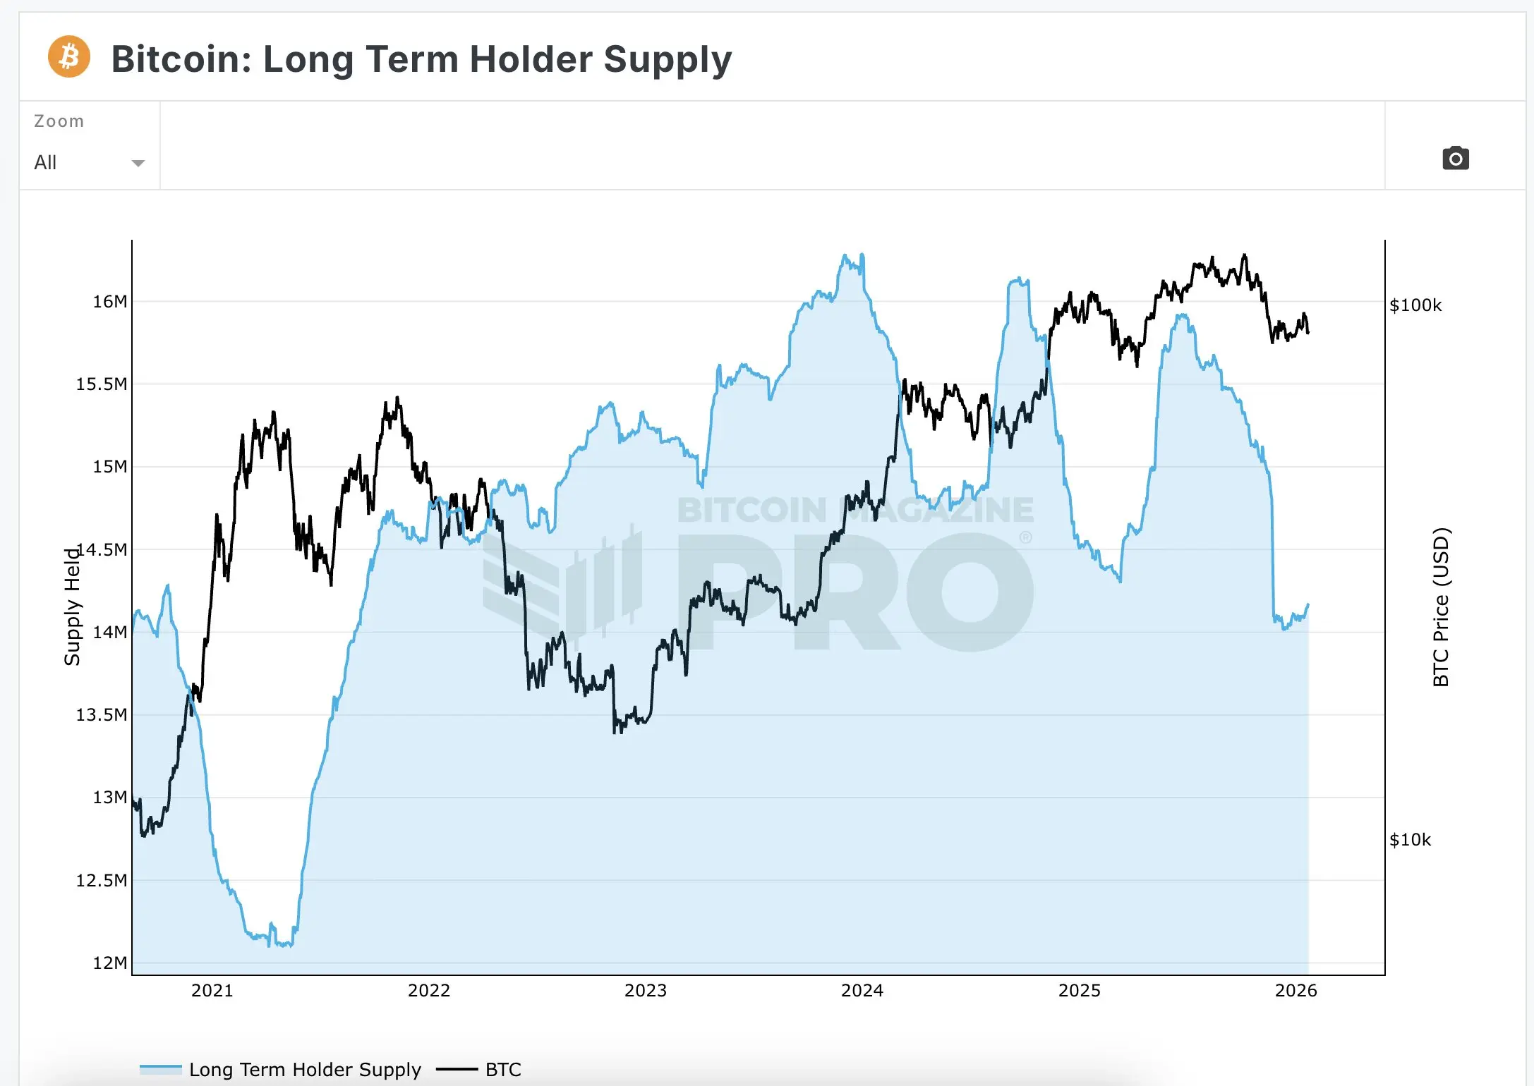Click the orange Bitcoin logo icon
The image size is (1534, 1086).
(x=68, y=57)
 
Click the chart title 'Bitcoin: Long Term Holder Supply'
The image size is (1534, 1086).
(x=421, y=59)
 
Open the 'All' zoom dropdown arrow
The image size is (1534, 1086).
(x=138, y=163)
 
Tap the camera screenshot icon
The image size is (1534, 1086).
(x=1455, y=158)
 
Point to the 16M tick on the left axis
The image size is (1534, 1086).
(x=110, y=302)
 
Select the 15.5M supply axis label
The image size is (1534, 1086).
(x=102, y=384)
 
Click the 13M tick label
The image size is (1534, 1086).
(x=110, y=798)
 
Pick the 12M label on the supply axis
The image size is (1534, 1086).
(x=110, y=963)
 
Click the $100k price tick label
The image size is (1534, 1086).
(x=1415, y=305)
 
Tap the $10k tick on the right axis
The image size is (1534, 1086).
(x=1410, y=840)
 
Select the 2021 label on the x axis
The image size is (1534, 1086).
(x=212, y=991)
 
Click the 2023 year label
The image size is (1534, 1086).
(x=645, y=991)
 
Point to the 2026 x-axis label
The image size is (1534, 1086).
(x=1296, y=991)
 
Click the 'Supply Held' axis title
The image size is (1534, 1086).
(x=72, y=606)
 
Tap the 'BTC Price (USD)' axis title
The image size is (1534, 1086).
(x=1441, y=606)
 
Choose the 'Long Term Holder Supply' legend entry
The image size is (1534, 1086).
(x=304, y=1070)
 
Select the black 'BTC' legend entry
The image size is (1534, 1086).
(x=502, y=1070)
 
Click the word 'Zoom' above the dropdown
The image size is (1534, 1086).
(x=59, y=121)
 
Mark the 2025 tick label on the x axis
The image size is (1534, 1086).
(x=1079, y=991)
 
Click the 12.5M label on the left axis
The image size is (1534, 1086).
(x=102, y=881)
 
